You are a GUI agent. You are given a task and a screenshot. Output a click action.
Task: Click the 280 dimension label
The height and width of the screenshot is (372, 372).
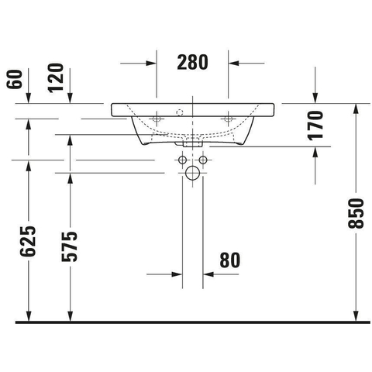click(x=192, y=62)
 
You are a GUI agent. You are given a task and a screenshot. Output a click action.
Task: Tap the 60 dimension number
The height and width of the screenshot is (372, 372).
click(x=15, y=79)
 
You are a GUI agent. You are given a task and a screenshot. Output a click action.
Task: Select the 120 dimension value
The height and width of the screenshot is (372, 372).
click(x=56, y=77)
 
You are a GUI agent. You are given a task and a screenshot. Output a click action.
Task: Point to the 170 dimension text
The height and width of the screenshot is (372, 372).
click(x=315, y=126)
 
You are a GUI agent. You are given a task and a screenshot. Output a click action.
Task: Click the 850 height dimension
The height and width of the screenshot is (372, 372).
click(x=356, y=213)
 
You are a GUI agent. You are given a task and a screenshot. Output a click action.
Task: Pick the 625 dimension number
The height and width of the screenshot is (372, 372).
click(x=27, y=241)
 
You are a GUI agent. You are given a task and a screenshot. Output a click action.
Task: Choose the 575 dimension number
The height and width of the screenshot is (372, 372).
click(x=69, y=246)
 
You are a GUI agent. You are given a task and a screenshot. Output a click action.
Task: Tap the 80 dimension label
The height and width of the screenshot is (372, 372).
click(x=230, y=260)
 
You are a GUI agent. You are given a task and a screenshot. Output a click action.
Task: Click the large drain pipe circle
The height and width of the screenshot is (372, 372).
click(x=192, y=173)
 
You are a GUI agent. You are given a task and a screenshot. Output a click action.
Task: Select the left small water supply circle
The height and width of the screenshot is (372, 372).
click(x=182, y=160)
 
